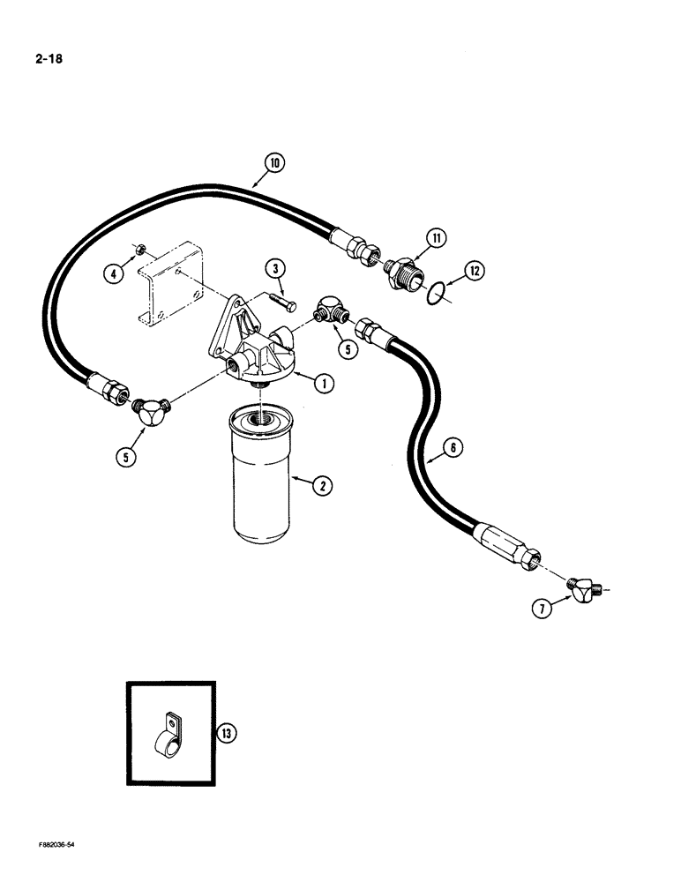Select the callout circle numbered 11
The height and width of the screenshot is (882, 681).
438,237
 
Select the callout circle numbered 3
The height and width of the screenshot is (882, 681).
276,268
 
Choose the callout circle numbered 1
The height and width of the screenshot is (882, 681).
325,383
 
